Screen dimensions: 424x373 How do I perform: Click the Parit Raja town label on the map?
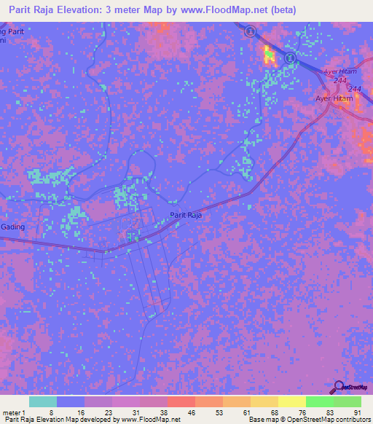pos(185,215)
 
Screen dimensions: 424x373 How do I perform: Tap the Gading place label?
pos(12,227)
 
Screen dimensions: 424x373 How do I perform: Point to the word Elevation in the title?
pos(93,10)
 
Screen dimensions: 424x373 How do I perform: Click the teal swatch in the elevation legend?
pos(43,401)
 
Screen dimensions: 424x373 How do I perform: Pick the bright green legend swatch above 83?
pos(320,401)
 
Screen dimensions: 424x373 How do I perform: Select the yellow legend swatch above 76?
pos(292,401)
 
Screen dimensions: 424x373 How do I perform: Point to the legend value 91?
pos(356,412)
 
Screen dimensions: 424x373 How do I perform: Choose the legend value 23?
pos(106,412)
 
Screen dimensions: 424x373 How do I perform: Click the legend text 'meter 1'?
pos(15,412)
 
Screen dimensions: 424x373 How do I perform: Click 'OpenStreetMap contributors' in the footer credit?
pos(328,420)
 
